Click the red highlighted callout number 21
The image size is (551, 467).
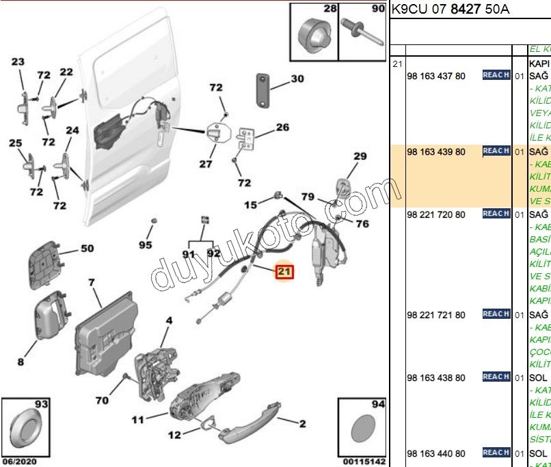coord(284,272)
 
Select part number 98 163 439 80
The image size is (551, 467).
coord(435,152)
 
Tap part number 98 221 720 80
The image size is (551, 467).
coord(435,214)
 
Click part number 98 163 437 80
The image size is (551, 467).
coord(435,76)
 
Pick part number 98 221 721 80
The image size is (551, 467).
coord(435,315)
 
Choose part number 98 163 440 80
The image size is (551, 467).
coord(435,453)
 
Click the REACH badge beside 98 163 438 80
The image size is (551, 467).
coord(496,377)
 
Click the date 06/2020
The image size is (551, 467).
coord(18,461)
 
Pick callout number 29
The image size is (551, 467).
coord(360,157)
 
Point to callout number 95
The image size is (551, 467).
coord(146,244)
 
